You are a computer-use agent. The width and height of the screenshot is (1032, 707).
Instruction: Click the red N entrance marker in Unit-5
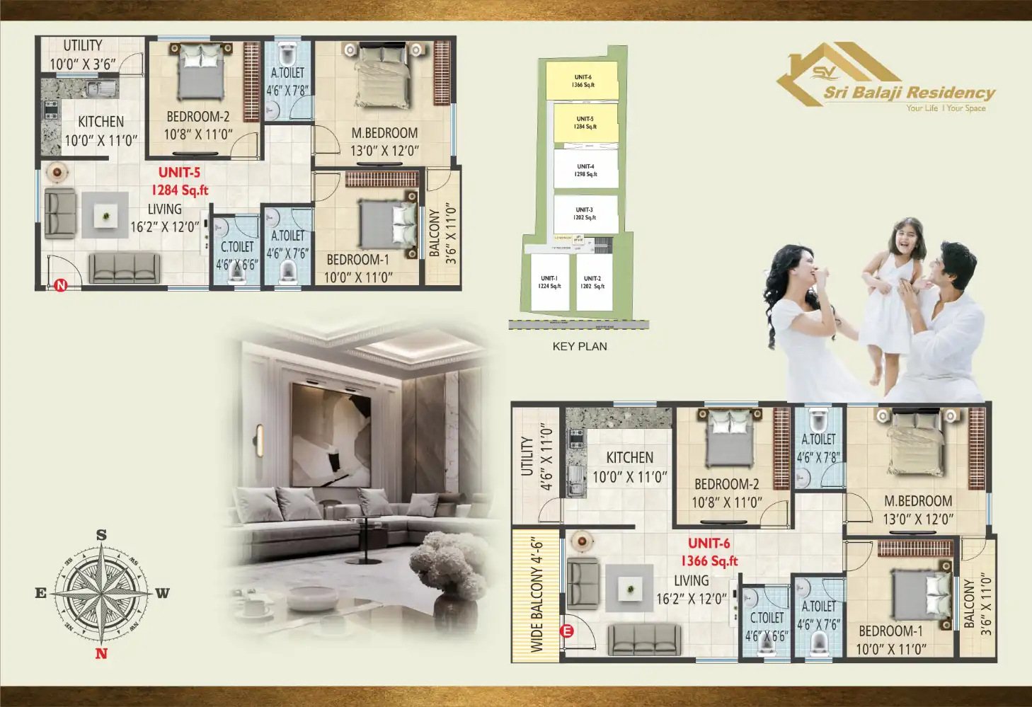pyautogui.click(x=61, y=286)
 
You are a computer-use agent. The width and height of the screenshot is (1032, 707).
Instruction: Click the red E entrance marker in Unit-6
pyautogui.click(x=566, y=631)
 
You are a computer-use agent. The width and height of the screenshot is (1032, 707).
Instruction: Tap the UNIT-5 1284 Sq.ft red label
pyautogui.click(x=180, y=181)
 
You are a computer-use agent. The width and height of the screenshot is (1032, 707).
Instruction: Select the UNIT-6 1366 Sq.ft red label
pyautogui.click(x=709, y=552)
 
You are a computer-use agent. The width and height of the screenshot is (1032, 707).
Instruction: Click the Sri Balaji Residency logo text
pyautogui.click(x=909, y=93)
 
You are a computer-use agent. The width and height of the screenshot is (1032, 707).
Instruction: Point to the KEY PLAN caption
pyautogui.click(x=580, y=346)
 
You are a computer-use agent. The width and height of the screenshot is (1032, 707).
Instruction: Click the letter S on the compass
pyautogui.click(x=101, y=535)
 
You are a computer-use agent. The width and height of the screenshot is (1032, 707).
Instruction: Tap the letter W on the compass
pyautogui.click(x=163, y=593)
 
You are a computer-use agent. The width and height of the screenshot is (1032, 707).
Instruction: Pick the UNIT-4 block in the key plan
pyautogui.click(x=585, y=170)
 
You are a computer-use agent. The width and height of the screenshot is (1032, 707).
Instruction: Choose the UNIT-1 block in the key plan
pyautogui.click(x=549, y=282)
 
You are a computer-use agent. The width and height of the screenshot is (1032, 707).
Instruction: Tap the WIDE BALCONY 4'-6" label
pyautogui.click(x=537, y=595)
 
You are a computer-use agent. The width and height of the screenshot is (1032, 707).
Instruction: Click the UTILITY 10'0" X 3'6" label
pyautogui.click(x=82, y=54)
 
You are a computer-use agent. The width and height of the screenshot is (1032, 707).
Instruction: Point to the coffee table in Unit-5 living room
pyautogui.click(x=105, y=215)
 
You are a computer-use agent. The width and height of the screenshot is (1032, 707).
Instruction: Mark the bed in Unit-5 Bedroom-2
pyautogui.click(x=201, y=71)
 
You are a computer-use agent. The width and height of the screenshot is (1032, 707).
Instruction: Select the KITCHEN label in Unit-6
pyautogui.click(x=630, y=467)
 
